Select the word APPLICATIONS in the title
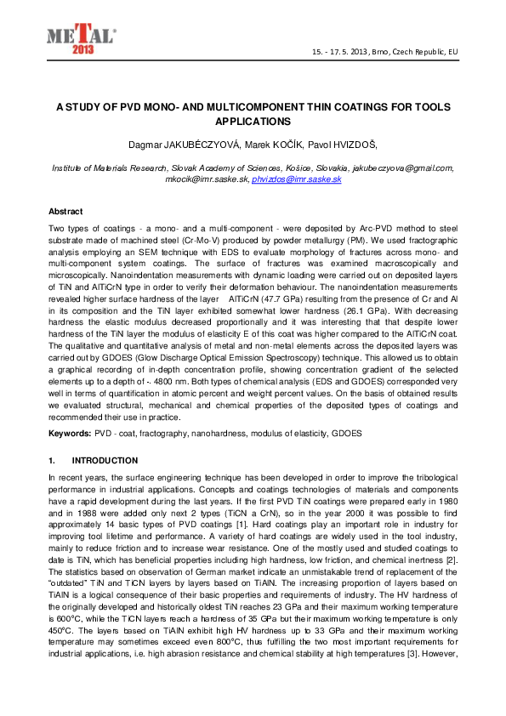pyautogui.click(x=253, y=122)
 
